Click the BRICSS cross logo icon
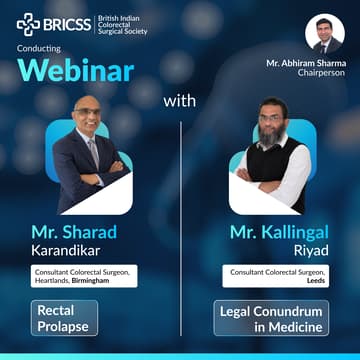click(28, 24)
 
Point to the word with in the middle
click(180, 100)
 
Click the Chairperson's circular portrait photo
click(324, 33)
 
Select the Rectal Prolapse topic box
click(64, 318)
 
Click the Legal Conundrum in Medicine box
click(270, 318)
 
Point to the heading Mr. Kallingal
click(267, 232)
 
